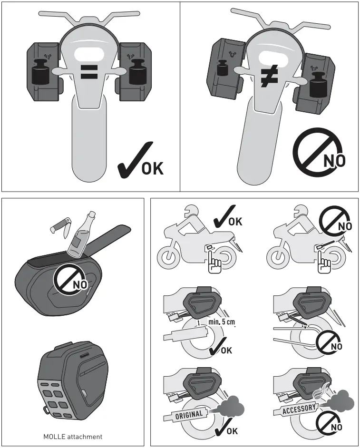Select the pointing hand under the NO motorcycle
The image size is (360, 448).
[x=325, y=264]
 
